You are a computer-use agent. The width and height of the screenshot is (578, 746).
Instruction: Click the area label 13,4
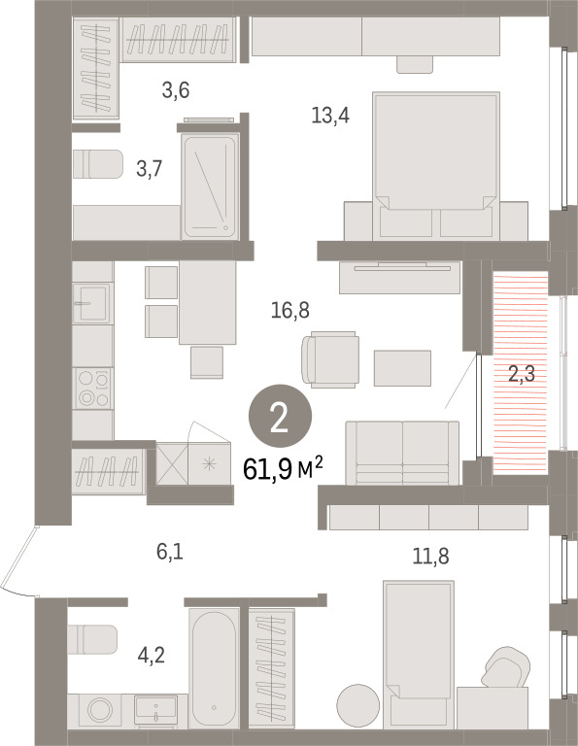point(330,116)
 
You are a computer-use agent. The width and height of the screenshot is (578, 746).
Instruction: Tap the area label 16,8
point(290,310)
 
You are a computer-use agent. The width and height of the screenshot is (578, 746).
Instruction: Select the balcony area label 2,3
point(522,374)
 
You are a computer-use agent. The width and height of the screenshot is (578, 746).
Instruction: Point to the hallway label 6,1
point(170,552)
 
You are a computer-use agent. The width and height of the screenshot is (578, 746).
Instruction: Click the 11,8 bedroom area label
point(430,556)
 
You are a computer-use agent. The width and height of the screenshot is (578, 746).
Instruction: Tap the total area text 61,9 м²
point(283,468)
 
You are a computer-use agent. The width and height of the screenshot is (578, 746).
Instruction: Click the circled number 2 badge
point(280,416)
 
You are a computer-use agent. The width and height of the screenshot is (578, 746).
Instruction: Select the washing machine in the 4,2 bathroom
point(100,711)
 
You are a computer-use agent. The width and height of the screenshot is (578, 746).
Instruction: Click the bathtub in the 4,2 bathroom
point(214,668)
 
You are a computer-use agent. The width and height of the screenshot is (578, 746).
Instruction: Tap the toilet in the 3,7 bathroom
point(98,164)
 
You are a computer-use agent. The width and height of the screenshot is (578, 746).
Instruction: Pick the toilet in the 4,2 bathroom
point(92,639)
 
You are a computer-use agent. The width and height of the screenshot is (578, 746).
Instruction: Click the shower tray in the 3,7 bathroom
point(210,186)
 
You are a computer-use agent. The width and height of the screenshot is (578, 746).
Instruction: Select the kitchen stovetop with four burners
point(93,389)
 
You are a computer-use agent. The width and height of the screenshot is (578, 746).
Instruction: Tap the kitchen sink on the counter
point(92,303)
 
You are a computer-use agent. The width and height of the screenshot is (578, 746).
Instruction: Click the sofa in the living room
point(402,453)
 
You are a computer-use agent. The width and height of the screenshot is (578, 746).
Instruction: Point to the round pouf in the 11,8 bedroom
point(358,705)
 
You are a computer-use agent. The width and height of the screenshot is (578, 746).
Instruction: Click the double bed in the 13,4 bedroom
point(436,165)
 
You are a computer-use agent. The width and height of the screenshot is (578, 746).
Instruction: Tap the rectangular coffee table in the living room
point(402,368)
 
